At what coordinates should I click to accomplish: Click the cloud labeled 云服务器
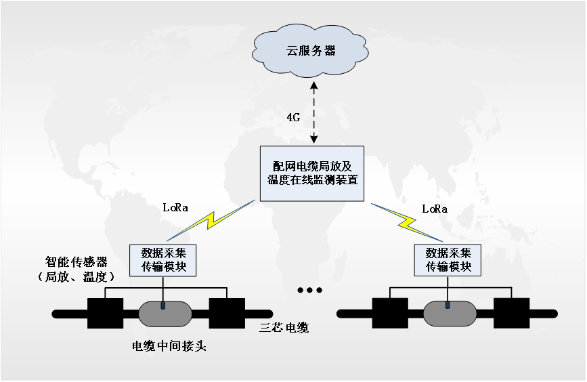click(x=311, y=51)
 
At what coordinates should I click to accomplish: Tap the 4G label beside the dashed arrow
click(x=293, y=117)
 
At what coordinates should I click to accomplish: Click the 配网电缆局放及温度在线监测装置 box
click(x=312, y=173)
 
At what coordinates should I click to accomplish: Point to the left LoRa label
click(x=176, y=207)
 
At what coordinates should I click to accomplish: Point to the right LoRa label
click(x=435, y=209)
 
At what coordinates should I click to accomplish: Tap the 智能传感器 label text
click(x=74, y=261)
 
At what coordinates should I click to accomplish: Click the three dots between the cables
click(x=309, y=291)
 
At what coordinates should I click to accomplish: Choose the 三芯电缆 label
click(x=285, y=328)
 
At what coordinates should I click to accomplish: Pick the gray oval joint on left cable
click(x=164, y=313)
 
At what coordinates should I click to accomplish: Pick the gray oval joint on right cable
click(x=448, y=313)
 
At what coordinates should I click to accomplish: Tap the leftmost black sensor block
click(x=105, y=313)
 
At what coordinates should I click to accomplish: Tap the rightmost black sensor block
click(x=511, y=313)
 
